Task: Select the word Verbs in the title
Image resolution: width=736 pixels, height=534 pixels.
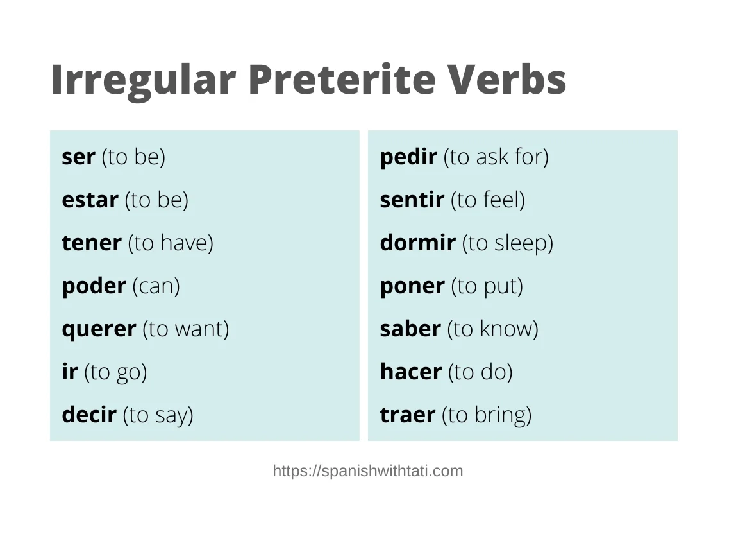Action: click(x=507, y=79)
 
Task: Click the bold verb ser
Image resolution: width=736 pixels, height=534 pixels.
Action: click(x=78, y=157)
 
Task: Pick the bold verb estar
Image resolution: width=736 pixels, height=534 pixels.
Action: click(x=90, y=200)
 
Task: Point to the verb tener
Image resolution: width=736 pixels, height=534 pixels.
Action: click(x=92, y=243)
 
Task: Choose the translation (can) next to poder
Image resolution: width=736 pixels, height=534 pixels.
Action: click(x=156, y=286)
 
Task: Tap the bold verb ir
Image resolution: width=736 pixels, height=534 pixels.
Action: click(x=69, y=372)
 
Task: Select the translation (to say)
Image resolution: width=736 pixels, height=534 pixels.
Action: click(x=158, y=415)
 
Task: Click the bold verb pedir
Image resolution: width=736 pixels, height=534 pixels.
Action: click(x=408, y=157)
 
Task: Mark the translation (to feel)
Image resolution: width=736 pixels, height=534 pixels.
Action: click(x=488, y=200)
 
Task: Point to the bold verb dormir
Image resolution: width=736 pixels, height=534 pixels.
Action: click(x=418, y=243)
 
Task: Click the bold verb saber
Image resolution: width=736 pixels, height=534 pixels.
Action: click(x=410, y=329)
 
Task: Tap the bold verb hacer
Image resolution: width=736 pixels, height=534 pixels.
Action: click(x=411, y=372)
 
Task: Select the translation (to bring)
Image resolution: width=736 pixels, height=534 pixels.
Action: click(x=487, y=415)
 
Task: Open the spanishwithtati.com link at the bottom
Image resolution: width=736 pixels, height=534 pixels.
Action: click(x=368, y=471)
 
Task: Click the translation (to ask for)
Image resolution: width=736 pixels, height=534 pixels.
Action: click(x=496, y=157)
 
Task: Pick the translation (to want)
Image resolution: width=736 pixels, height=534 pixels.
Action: click(x=186, y=329)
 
